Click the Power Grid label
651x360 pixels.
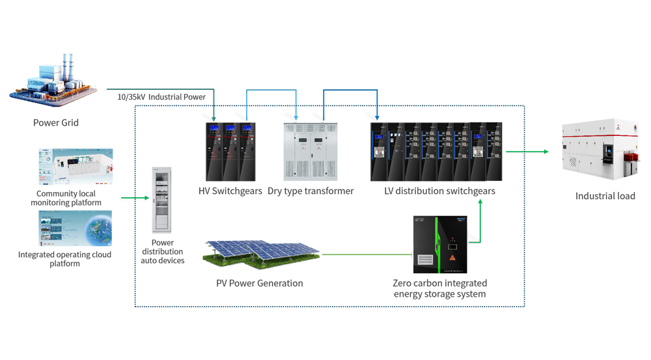(56, 122)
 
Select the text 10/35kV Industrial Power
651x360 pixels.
(161, 97)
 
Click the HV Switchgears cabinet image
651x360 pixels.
(230, 152)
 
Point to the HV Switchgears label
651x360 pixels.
(230, 191)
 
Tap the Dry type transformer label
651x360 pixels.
(311, 191)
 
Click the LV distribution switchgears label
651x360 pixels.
(439, 191)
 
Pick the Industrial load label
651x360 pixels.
(605, 196)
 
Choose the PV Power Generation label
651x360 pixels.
(260, 283)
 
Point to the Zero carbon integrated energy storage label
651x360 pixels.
(439, 288)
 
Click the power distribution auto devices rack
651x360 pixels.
(161, 200)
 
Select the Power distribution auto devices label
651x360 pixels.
(162, 251)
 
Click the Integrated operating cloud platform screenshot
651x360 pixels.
(75, 228)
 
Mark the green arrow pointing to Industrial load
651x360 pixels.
(527, 152)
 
